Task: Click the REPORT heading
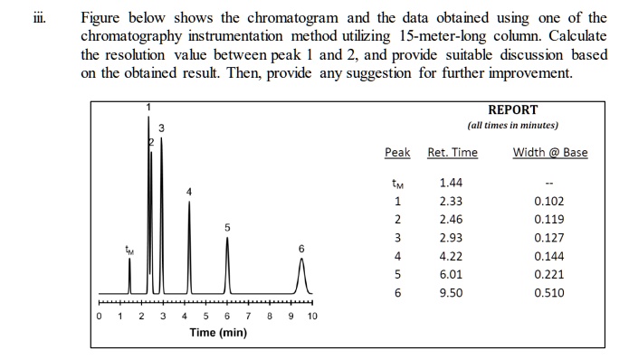[512, 109]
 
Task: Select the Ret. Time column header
[453, 152]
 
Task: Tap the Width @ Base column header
[549, 152]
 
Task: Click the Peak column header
[397, 152]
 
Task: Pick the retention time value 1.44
[451, 183]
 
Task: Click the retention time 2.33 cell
[451, 201]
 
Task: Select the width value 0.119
[549, 219]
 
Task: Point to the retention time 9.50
[451, 293]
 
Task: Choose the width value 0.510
[549, 293]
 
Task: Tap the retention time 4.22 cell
[451, 256]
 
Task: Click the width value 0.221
[549, 275]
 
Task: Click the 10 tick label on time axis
[312, 317]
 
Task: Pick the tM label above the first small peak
[129, 250]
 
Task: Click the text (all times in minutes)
[512, 125]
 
